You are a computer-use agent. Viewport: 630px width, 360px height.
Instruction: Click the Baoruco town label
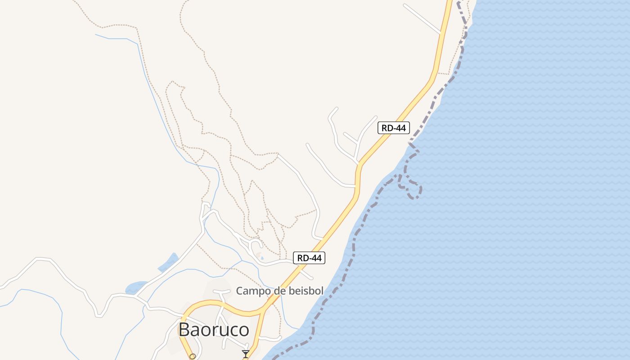point(214,329)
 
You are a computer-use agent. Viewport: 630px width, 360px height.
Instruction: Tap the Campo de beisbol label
point(279,291)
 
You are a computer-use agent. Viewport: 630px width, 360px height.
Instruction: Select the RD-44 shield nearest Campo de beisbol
point(309,258)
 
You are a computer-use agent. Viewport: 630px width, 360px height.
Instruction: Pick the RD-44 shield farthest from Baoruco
point(393,128)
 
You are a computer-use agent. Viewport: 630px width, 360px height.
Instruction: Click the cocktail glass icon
point(245,354)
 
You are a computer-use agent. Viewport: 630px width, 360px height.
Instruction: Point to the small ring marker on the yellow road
point(193,356)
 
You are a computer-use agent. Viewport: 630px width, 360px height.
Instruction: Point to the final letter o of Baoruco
point(243,330)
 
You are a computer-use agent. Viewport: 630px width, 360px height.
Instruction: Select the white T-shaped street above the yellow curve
point(222,297)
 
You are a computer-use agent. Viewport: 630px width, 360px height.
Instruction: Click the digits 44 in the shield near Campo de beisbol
point(316,258)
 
